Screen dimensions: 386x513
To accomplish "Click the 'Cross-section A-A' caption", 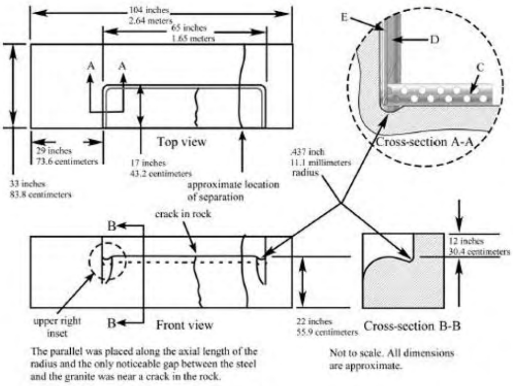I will [x=424, y=143].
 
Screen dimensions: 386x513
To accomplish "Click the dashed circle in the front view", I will [x=108, y=261].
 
